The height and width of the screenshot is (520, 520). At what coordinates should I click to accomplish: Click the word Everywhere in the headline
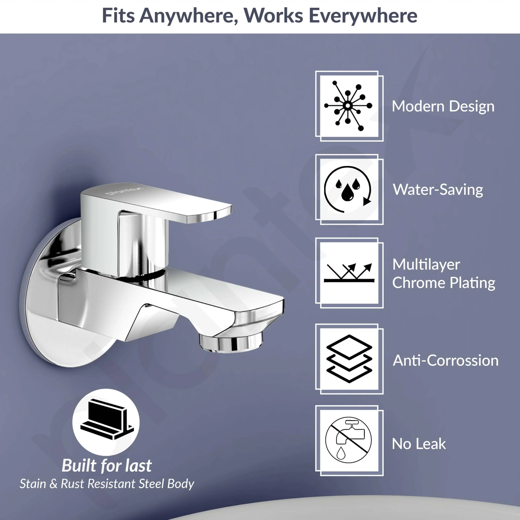(363, 16)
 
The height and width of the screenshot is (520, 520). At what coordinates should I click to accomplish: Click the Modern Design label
(443, 106)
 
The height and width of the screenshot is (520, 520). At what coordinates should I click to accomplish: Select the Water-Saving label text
(438, 190)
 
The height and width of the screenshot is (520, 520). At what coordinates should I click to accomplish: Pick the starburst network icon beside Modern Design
(348, 106)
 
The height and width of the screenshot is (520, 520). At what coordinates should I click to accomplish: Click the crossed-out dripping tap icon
(348, 440)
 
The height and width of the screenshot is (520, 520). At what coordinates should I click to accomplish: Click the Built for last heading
(107, 465)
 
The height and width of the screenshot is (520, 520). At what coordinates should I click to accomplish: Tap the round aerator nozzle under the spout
(231, 341)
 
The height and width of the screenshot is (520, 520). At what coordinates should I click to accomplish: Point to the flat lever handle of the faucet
(156, 202)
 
